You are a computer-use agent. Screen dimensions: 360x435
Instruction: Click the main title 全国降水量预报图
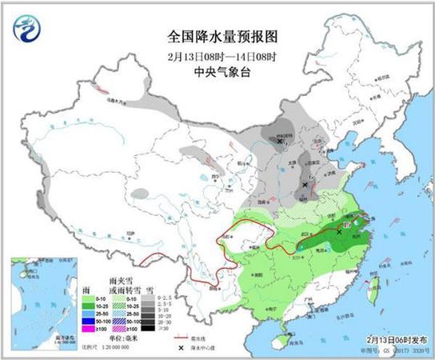click(x=217, y=36)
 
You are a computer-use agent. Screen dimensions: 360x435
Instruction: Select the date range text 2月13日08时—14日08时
click(x=217, y=54)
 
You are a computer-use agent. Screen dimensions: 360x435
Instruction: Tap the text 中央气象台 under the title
click(x=217, y=70)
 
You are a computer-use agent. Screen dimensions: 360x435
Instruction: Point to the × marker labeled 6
click(x=306, y=185)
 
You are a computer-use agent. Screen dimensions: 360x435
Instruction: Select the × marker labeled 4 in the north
click(x=279, y=142)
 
